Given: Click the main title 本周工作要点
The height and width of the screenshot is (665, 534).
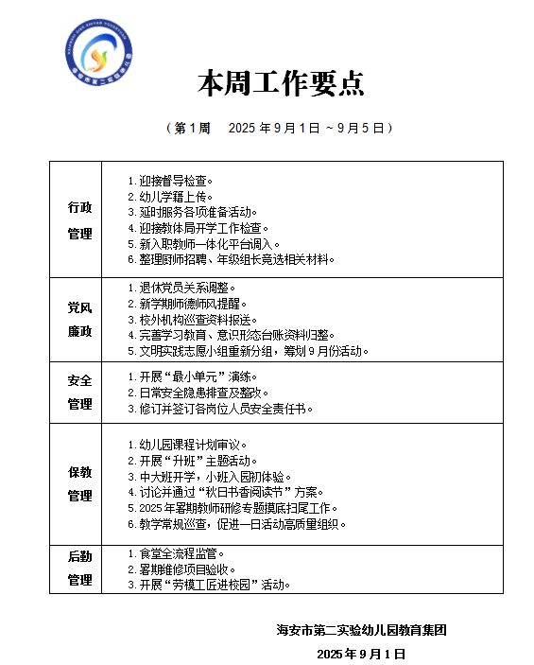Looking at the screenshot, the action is (281, 84).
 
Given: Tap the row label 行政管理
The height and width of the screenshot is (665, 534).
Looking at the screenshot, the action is (80, 219).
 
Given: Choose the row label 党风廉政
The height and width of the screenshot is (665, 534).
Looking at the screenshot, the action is (80, 320).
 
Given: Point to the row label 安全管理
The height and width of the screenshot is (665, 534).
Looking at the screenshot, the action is (80, 393).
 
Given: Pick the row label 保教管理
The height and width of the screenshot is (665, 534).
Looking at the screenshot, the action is (80, 483).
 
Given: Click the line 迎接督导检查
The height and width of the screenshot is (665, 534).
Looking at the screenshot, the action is (170, 180).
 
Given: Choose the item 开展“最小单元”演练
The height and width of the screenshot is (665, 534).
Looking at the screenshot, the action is (190, 376).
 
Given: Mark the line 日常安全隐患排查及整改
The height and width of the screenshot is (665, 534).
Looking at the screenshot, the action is (198, 393).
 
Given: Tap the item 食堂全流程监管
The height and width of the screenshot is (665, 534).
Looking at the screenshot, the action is (176, 553).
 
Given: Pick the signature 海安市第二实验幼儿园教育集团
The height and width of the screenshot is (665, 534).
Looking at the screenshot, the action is (361, 630).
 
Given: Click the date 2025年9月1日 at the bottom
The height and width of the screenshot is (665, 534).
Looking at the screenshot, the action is (361, 654).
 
